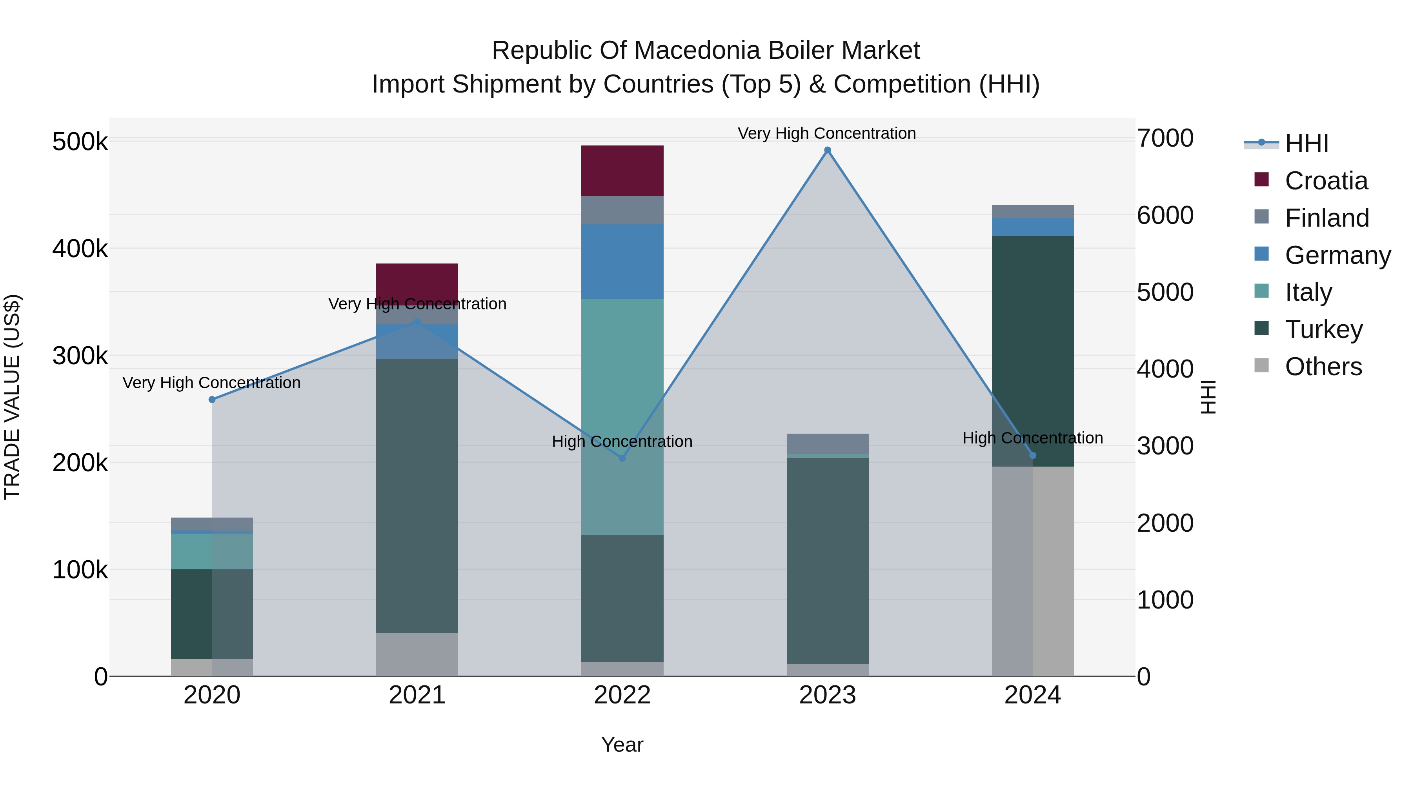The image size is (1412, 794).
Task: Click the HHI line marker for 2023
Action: [827, 150]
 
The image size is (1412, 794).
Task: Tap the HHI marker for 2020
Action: [212, 400]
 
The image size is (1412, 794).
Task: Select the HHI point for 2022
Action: [622, 458]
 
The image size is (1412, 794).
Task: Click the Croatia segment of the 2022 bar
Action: [622, 171]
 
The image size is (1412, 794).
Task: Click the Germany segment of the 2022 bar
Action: [622, 262]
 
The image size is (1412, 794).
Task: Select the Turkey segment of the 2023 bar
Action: [827, 560]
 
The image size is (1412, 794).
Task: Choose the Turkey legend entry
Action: [1323, 329]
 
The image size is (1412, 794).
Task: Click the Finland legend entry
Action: [1326, 218]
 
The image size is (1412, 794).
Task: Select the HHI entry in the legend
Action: [1306, 144]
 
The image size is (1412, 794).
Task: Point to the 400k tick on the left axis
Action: [80, 249]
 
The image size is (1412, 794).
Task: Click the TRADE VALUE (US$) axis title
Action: [12, 397]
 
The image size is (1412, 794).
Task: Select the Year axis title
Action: [622, 745]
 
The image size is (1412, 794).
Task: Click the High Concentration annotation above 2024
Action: [1033, 438]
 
